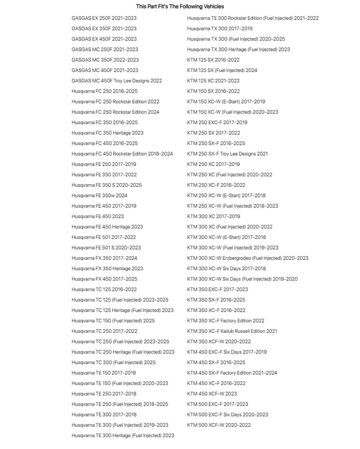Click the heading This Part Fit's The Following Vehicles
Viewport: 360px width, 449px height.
(180, 7)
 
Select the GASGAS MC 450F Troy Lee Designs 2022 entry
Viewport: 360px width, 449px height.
(117, 81)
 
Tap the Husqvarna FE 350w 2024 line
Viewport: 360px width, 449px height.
(100, 196)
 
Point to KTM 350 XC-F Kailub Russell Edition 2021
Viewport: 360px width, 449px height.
(232, 331)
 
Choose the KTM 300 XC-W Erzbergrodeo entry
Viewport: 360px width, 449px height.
(247, 258)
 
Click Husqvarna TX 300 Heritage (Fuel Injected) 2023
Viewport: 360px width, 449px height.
(238, 50)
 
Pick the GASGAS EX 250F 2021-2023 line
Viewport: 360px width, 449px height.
(104, 18)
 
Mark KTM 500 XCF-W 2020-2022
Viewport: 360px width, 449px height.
(219, 425)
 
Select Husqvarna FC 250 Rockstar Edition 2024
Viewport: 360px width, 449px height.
(115, 112)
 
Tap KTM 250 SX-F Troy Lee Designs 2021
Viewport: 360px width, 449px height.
(227, 154)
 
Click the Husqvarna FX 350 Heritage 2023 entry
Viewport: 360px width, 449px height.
(107, 269)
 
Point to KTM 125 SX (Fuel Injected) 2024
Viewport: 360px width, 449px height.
(222, 70)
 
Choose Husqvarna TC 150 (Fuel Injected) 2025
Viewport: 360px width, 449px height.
(113, 321)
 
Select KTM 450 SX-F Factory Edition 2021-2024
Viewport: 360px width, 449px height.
(232, 373)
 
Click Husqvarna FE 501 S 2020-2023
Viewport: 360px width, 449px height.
(106, 248)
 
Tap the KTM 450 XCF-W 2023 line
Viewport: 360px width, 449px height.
(212, 394)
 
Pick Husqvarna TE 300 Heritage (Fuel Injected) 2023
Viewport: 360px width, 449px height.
(123, 435)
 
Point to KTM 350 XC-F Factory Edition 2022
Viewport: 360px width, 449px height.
(225, 321)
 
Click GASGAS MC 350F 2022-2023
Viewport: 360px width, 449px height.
(105, 60)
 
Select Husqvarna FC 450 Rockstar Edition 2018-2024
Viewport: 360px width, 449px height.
(122, 154)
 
